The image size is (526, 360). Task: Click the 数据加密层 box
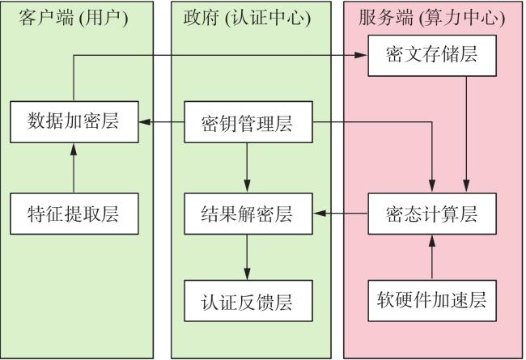pos(74,122)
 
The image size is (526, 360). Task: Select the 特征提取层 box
pos(74,214)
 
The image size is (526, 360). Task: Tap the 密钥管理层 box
pos(248,122)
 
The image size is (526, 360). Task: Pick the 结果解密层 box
pos(248,214)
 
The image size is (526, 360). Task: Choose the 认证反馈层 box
pos(248,301)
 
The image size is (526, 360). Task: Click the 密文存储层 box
pos(432,56)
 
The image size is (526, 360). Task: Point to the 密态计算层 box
pos(432,214)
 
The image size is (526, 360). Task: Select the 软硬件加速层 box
pos(432,301)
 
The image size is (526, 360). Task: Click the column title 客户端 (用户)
pos(74,18)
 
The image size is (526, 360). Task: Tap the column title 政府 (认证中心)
pos(248,18)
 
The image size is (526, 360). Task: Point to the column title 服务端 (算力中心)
pos(432,18)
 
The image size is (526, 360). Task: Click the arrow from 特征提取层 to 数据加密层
pos(74,168)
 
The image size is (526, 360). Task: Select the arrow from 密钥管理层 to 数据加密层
pos(161,122)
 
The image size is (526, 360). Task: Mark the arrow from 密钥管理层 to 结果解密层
pos(248,167)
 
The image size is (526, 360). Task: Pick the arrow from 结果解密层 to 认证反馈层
pos(248,257)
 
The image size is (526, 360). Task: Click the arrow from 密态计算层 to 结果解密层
pos(340,214)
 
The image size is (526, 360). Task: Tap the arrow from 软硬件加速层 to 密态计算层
pos(432,257)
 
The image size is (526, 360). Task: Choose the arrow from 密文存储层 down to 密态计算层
pos(466,134)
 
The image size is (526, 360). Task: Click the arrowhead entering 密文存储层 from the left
pos(361,55)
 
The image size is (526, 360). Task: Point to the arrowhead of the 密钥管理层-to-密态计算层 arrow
pos(432,186)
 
